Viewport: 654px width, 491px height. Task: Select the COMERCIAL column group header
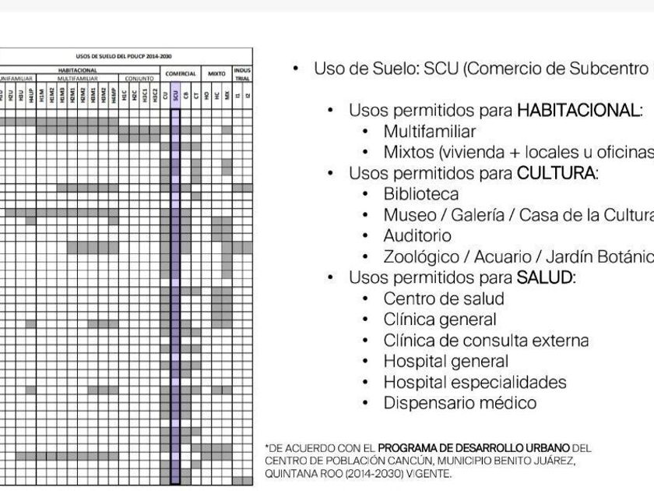(181, 73)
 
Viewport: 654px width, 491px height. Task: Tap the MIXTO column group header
(216, 73)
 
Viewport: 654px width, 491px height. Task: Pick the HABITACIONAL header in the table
(78, 69)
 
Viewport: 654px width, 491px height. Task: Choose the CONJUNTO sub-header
(140, 79)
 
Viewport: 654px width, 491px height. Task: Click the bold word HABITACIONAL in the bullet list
(578, 110)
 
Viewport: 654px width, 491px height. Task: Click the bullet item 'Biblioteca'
(420, 194)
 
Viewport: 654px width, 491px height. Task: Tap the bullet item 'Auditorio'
(417, 235)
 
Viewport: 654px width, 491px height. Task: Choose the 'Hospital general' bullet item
(445, 362)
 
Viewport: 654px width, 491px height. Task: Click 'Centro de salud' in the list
(443, 298)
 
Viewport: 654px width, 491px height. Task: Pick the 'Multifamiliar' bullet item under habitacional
(429, 131)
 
